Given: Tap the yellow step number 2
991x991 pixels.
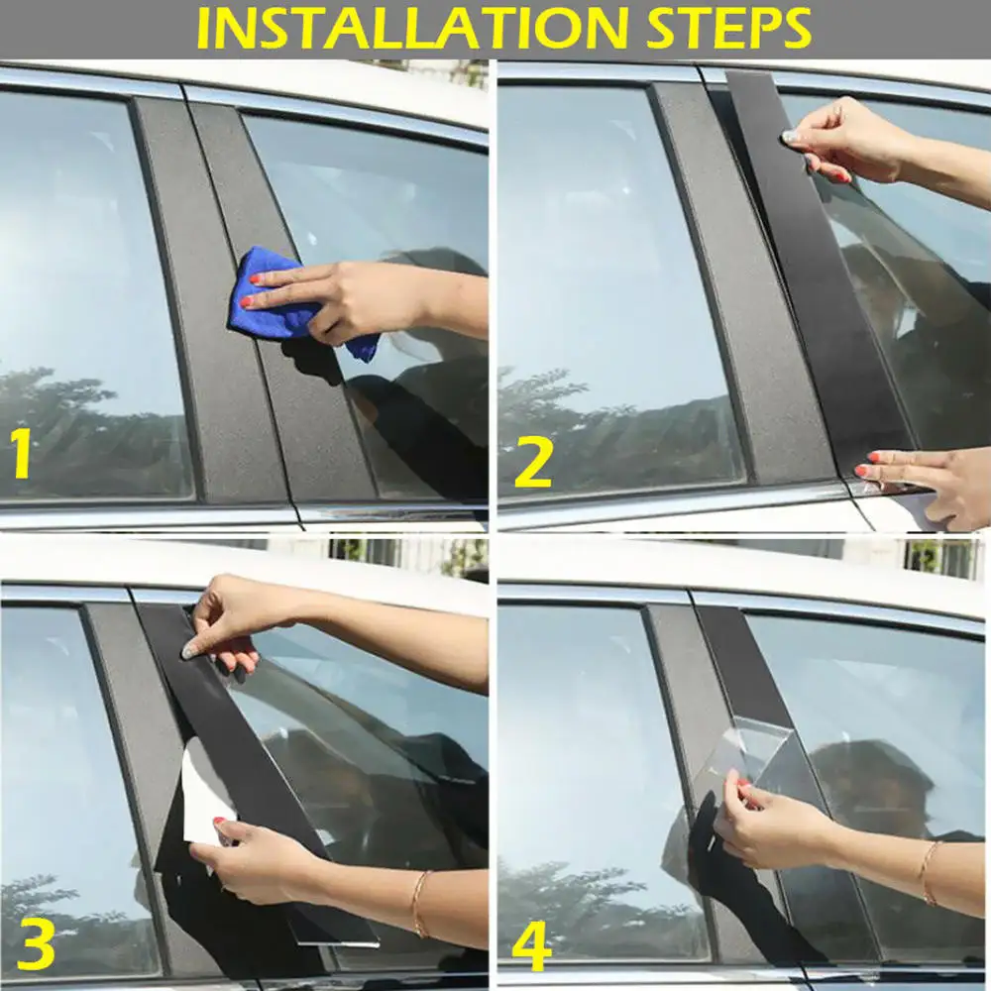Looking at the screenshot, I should [532, 463].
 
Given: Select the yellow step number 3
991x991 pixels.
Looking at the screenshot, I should [35, 946].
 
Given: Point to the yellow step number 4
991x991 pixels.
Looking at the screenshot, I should [532, 946].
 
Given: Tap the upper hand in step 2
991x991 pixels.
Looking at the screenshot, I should [842, 139].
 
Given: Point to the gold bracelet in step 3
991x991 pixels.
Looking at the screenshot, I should [418, 902].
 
